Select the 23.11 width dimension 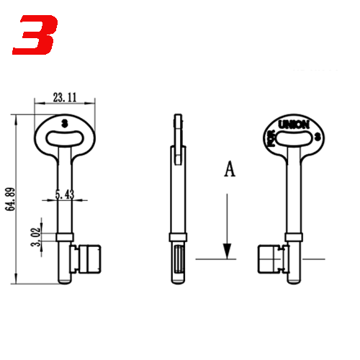coord(64,96)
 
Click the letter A coord(230,170)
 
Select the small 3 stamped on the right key coord(318,136)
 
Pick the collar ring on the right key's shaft coord(293,237)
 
